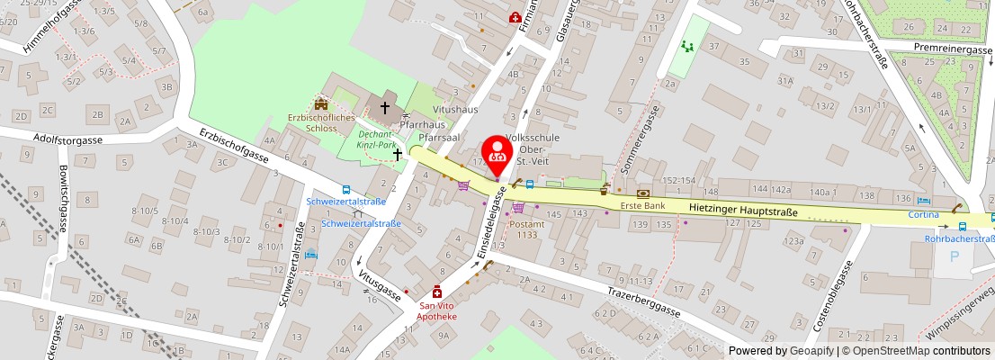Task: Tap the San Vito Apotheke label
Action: point(436,311)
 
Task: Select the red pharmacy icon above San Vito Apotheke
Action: point(437,292)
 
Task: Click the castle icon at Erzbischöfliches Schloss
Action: point(321,104)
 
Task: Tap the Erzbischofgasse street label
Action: point(235,148)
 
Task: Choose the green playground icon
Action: point(688,46)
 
